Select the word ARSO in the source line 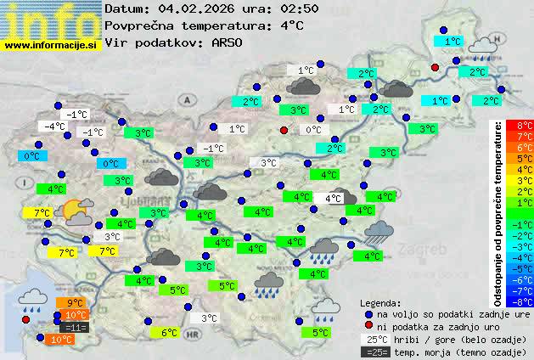pyautogui.click(x=231, y=42)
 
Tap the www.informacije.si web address pyautogui.click(x=53, y=45)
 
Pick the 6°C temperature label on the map pyautogui.click(x=168, y=333)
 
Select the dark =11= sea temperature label pyautogui.click(x=75, y=327)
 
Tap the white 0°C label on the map pyautogui.click(x=313, y=130)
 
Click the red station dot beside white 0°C pyautogui.click(x=284, y=130)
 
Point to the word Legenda pyautogui.click(x=380, y=302)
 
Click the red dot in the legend pyautogui.click(x=368, y=326)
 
